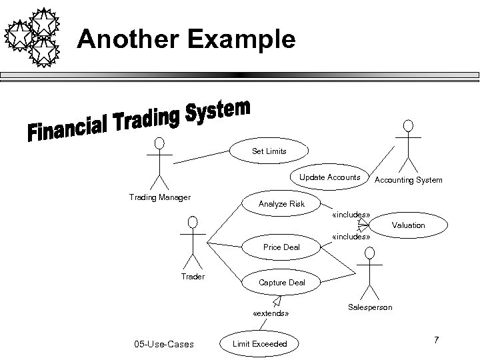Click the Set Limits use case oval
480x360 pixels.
(269, 151)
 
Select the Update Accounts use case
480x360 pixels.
(329, 177)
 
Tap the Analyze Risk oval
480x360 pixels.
(281, 203)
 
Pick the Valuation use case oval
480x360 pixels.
(408, 225)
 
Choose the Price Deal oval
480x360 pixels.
(281, 247)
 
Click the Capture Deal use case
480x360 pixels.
(281, 282)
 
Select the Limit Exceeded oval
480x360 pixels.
(260, 343)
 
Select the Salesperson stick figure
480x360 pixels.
(370, 273)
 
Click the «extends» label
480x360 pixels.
(271, 313)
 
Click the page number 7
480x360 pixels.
(436, 341)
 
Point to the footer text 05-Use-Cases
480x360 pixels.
(164, 344)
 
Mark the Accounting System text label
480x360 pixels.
(408, 180)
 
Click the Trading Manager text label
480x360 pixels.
(159, 197)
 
